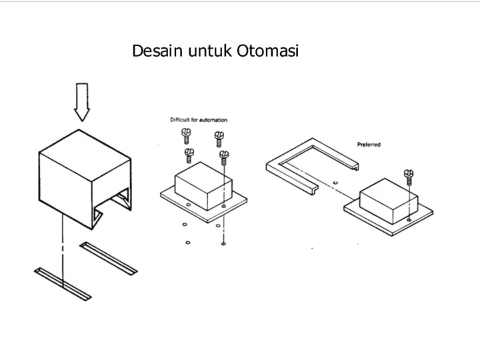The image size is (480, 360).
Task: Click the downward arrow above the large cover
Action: (x=82, y=102)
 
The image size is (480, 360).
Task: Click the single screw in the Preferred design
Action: (x=408, y=177)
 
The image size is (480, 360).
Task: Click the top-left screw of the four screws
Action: (x=185, y=137)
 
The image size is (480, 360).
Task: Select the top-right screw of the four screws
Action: (x=219, y=138)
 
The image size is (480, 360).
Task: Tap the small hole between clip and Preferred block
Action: (x=335, y=181)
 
